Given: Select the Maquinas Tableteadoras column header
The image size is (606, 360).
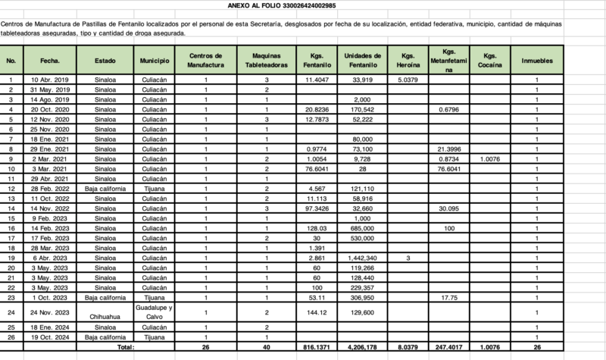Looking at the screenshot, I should pos(267,61).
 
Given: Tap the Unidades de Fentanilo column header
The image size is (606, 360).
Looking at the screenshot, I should pos(362,61).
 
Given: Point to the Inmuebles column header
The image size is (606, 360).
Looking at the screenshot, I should pos(536,61).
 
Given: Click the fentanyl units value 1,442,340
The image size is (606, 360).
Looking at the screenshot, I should pos(362,258).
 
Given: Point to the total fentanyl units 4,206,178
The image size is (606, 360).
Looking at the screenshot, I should pos(362,346).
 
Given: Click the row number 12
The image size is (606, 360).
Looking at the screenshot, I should pos(11,188).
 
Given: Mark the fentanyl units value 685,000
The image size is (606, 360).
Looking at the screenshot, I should pos(362,227).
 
